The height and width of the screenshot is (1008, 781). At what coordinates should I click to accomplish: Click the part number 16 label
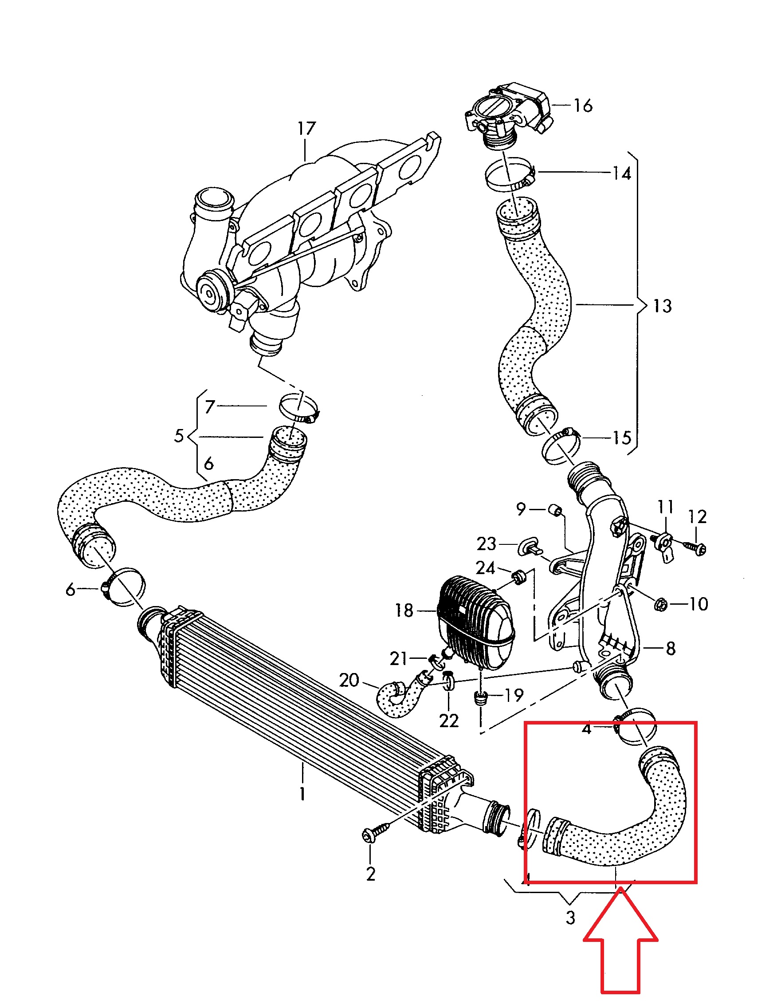coord(583,106)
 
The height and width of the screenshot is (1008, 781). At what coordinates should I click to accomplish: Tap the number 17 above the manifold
coord(306,128)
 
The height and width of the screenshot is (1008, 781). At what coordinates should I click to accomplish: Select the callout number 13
coord(663,306)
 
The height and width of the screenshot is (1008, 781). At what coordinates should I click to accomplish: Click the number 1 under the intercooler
coord(302,793)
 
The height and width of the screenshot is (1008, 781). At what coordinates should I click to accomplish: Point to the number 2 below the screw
coord(371,873)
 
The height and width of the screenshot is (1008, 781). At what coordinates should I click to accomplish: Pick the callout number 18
coord(404,610)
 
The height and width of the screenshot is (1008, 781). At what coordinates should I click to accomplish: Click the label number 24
coord(485,568)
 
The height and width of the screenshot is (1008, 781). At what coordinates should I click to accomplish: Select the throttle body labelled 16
coord(507,113)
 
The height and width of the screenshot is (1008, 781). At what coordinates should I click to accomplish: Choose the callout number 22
coord(449,721)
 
